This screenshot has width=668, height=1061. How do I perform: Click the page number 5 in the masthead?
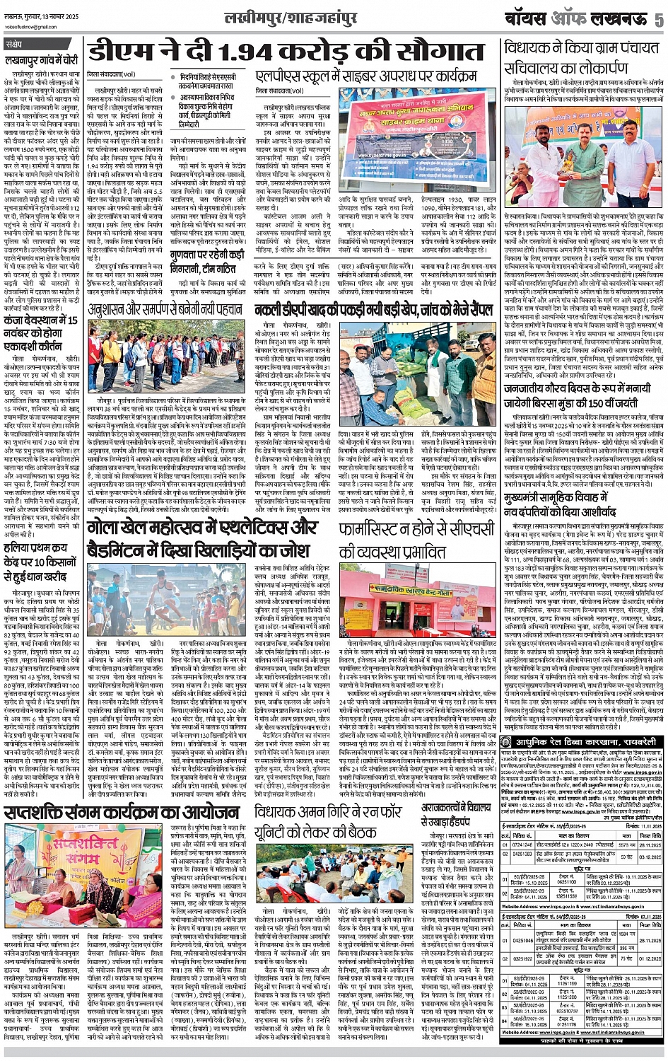[x=658, y=18]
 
